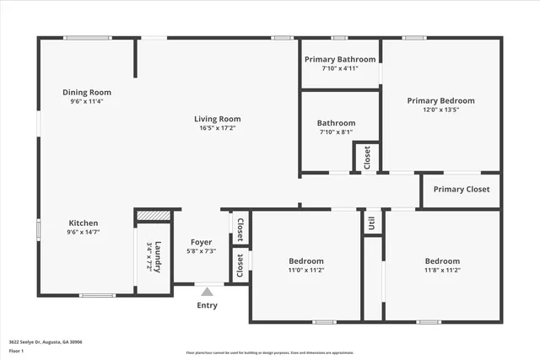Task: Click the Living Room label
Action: tap(218, 119)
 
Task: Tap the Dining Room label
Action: tap(87, 92)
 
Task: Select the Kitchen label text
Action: tap(83, 223)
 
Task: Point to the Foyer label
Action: tap(201, 242)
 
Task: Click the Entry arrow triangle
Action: tap(207, 292)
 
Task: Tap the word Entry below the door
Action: tap(207, 305)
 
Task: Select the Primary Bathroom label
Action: tap(340, 59)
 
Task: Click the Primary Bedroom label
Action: tap(440, 100)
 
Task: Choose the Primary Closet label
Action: tap(461, 189)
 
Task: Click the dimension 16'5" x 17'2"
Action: tap(218, 128)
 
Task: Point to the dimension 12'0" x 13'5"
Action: tap(440, 110)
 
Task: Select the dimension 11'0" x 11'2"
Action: tap(306, 271)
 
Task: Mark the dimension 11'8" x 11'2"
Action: tap(442, 271)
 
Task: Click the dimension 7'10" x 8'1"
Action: tap(337, 132)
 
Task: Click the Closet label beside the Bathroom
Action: tap(367, 157)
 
